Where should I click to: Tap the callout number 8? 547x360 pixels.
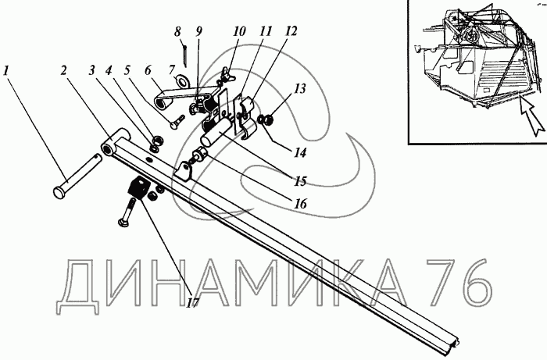tap(178, 33)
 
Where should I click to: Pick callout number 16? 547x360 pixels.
tap(302, 203)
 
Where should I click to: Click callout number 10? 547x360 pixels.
tap(239, 33)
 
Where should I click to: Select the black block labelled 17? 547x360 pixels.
tap(138, 188)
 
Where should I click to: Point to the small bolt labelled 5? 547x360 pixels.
tap(175, 122)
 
